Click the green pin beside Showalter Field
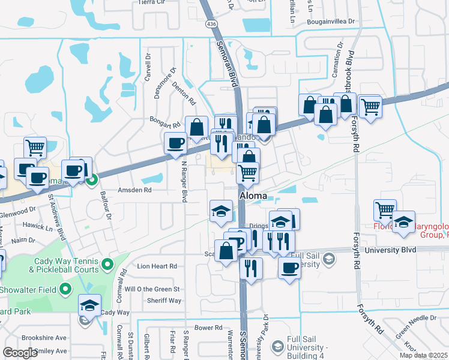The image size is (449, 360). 67,290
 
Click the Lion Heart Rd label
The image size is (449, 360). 157,266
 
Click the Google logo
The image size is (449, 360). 20,353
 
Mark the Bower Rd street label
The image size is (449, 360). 208,328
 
